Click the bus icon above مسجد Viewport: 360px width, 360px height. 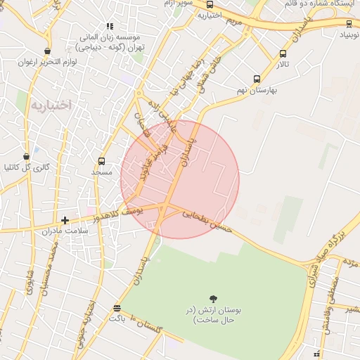[102, 161]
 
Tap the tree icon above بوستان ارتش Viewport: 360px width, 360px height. [213, 299]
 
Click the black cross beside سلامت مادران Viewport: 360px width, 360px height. [65, 221]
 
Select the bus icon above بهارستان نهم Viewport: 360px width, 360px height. [257, 79]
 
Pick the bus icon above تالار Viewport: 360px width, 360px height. [283, 53]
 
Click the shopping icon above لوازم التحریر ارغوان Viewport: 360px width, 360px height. [47, 51]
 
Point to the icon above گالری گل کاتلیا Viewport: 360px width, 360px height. [27, 157]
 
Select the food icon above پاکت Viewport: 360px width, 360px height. [117, 308]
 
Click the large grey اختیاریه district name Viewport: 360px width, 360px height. [51, 105]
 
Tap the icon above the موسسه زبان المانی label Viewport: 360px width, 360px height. [110, 26]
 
